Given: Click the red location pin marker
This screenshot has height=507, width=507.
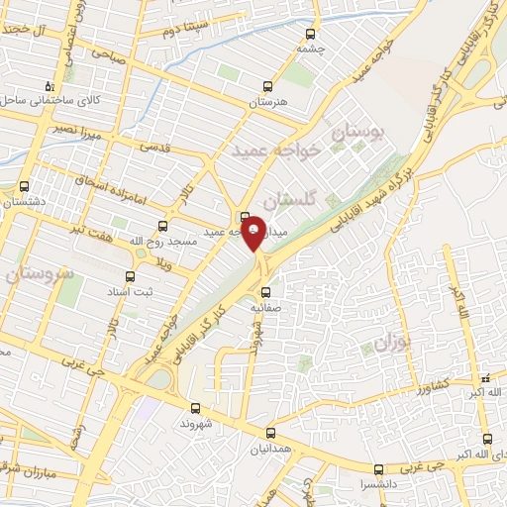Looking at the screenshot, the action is [x=254, y=232].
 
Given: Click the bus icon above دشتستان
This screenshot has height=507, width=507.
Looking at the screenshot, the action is [x=25, y=185].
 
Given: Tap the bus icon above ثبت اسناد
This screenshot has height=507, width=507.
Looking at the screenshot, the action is [x=129, y=276].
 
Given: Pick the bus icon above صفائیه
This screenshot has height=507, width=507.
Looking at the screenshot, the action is [x=265, y=291].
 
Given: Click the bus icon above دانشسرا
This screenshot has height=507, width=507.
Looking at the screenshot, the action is [x=378, y=469].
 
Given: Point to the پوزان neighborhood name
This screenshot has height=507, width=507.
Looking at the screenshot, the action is [x=392, y=345].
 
